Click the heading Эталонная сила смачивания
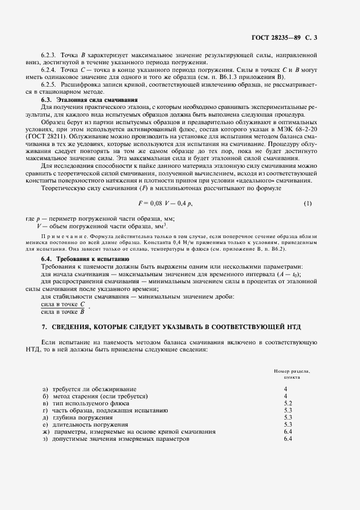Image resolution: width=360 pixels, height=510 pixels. click(x=89, y=100)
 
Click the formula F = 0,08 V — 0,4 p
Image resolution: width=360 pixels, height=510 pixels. click(x=166, y=203)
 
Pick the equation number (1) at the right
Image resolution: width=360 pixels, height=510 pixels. click(x=308, y=203)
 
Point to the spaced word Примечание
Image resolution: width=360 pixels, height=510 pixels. click(x=65, y=235)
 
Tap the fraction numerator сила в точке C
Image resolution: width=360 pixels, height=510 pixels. click(x=64, y=304)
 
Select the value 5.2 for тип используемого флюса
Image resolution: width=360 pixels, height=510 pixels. click(x=288, y=403)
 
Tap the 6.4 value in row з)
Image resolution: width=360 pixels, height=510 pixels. click(x=288, y=439)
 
